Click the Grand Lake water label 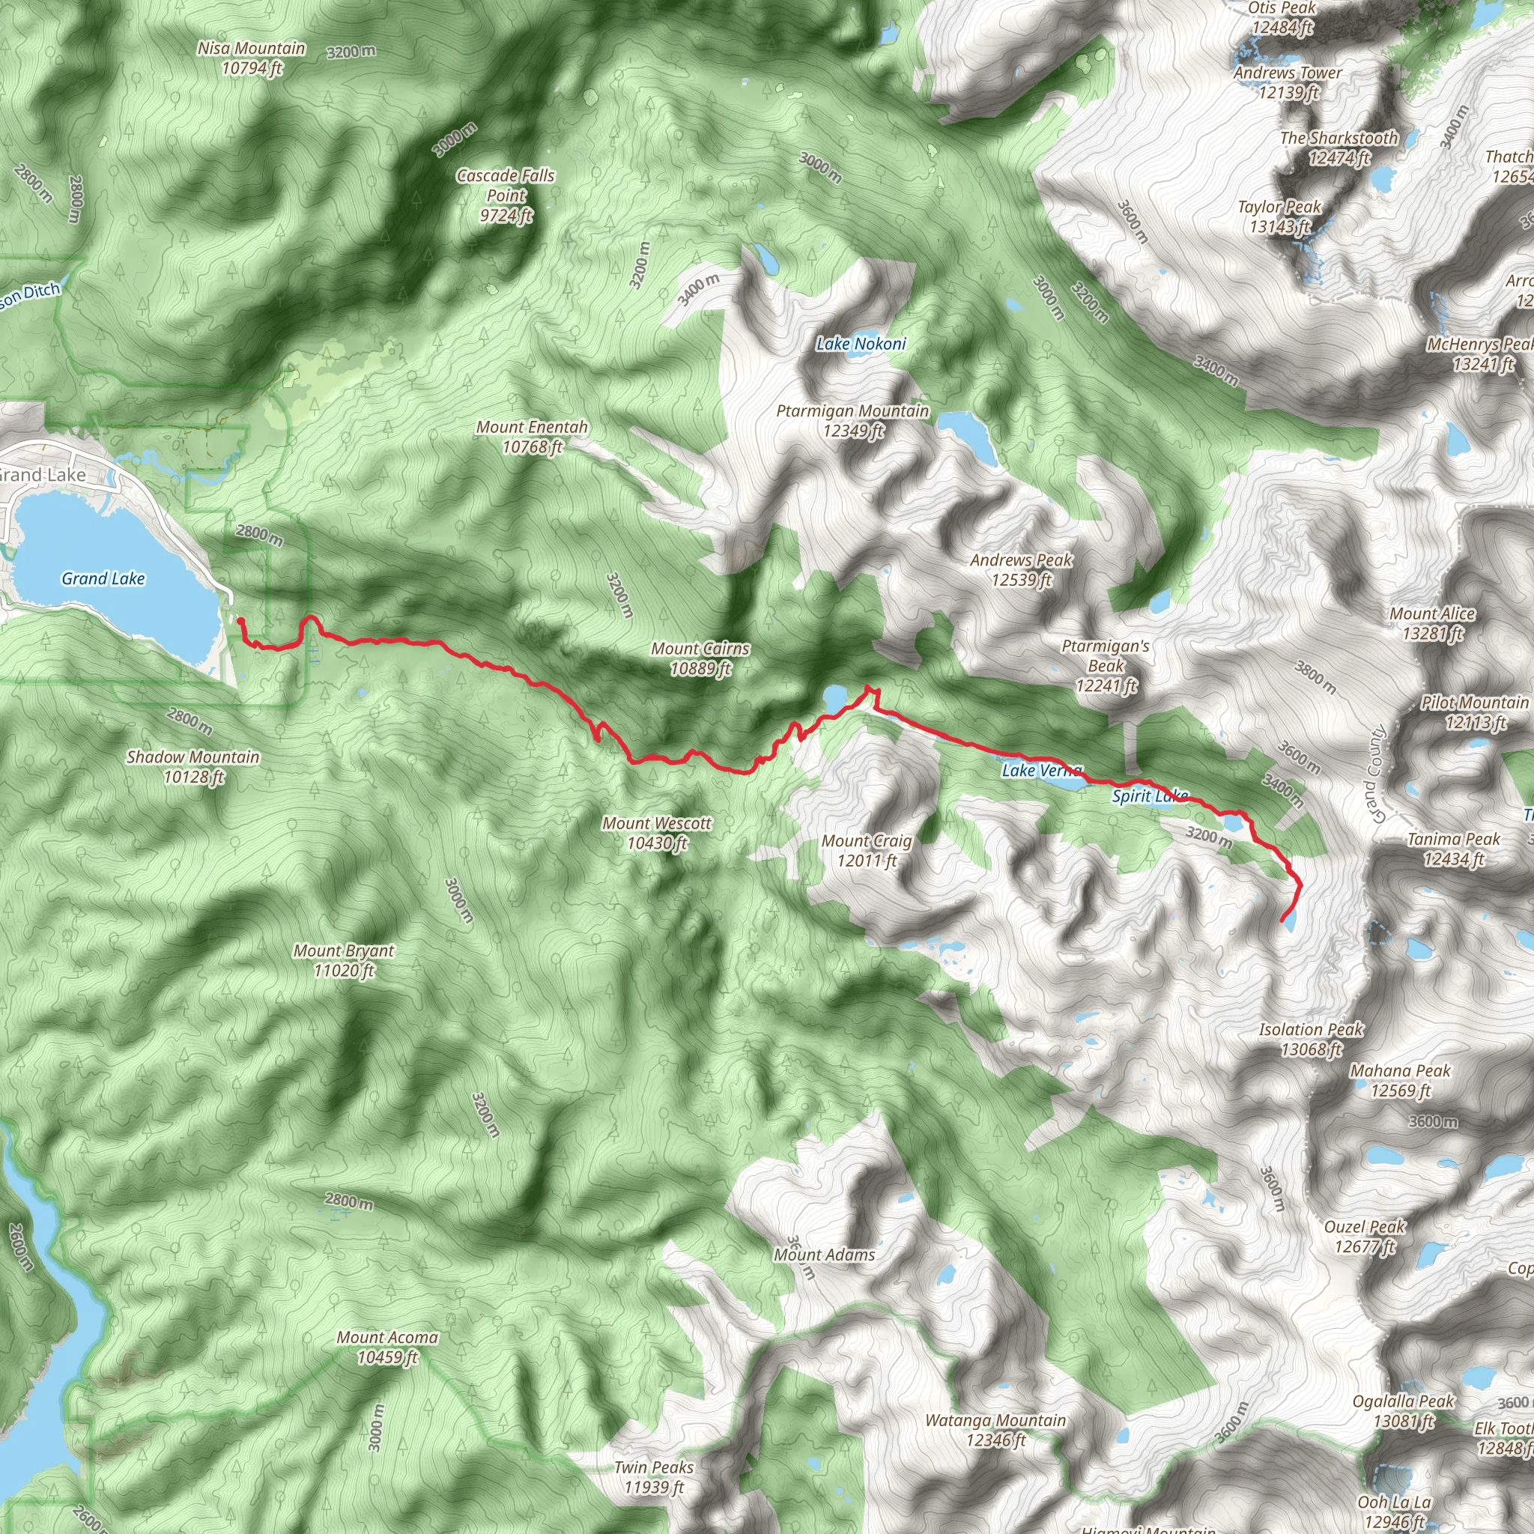pyautogui.click(x=103, y=579)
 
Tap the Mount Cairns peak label pyautogui.click(x=700, y=659)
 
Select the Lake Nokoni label pyautogui.click(x=861, y=344)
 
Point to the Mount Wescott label pyautogui.click(x=657, y=833)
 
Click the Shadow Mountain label pyautogui.click(x=193, y=767)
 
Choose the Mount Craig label pyautogui.click(x=867, y=850)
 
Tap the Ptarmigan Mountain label pyautogui.click(x=852, y=421)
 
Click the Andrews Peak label pyautogui.click(x=1021, y=570)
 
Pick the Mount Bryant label pyautogui.click(x=344, y=960)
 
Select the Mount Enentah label pyautogui.click(x=532, y=437)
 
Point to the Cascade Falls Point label pyautogui.click(x=506, y=195)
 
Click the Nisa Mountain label pyautogui.click(x=251, y=58)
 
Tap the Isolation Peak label pyautogui.click(x=1311, y=1040)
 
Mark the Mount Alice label pyautogui.click(x=1431, y=623)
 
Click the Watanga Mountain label pyautogui.click(x=995, y=1430)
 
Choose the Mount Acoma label pyautogui.click(x=387, y=1347)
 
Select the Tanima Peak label pyautogui.click(x=1453, y=849)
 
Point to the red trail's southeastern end pyautogui.click(x=1283, y=921)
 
